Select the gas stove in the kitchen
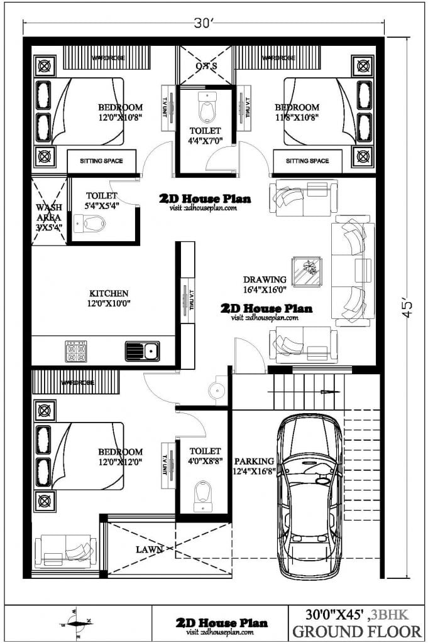[x=76, y=349]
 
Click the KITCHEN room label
[x=109, y=293]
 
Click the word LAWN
[x=149, y=549]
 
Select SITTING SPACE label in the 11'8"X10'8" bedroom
[x=307, y=161]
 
